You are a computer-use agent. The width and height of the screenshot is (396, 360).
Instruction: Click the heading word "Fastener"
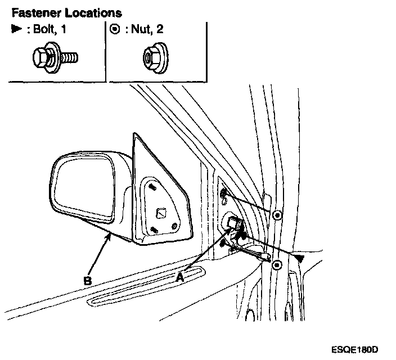(x=34, y=12)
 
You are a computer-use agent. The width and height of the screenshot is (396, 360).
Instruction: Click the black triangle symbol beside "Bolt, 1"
(x=16, y=30)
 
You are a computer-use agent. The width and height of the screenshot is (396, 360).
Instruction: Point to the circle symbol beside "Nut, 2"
(x=115, y=30)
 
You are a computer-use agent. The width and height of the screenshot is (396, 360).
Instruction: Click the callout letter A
(x=181, y=277)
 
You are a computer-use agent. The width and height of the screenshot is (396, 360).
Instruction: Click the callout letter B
(x=88, y=278)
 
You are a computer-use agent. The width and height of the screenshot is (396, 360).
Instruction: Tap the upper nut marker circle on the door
(x=277, y=215)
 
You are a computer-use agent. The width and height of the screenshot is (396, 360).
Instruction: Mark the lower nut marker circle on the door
(x=276, y=264)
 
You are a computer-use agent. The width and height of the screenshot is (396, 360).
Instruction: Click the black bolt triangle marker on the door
(x=300, y=258)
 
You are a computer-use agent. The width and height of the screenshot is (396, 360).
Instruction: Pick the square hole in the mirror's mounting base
(x=160, y=213)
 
